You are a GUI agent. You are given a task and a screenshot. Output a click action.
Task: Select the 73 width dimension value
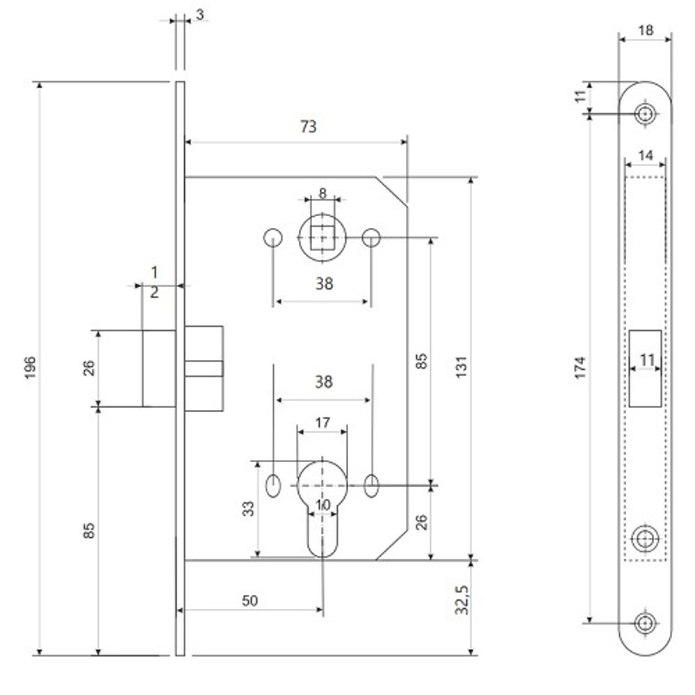308,126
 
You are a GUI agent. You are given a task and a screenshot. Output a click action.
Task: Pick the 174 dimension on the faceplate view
581,366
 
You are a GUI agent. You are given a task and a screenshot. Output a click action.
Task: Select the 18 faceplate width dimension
646,29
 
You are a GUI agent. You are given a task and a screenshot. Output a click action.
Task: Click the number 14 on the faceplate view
645,156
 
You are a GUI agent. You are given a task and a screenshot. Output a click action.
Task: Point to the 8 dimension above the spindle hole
322,193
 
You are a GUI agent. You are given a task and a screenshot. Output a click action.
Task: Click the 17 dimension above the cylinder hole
322,423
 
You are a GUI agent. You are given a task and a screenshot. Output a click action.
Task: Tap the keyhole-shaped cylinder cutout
322,500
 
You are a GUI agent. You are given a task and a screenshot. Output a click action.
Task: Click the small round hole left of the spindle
273,238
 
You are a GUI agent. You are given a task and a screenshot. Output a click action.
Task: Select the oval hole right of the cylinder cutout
372,484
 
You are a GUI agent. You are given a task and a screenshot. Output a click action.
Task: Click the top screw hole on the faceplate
646,114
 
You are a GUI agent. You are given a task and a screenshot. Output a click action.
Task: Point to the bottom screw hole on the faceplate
646,622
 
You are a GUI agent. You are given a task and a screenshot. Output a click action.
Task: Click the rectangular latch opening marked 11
646,368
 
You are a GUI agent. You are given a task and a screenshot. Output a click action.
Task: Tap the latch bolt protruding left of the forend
158,368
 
